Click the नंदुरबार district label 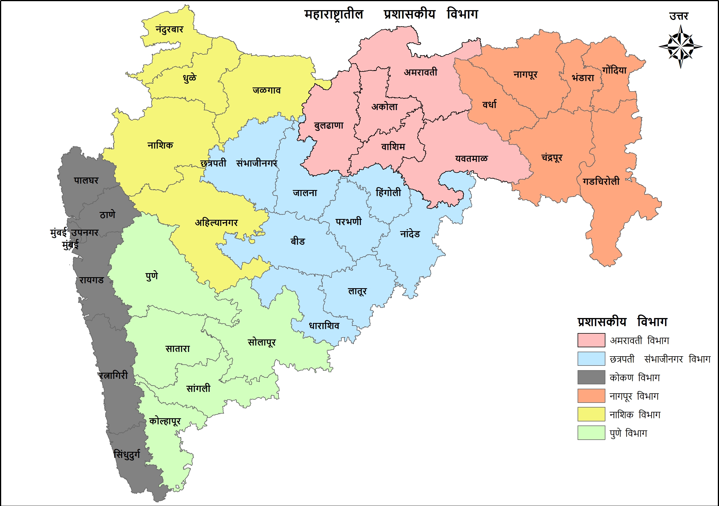point(170,30)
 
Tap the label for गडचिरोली point(601,182)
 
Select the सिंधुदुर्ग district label point(127,454)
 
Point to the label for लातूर point(357,291)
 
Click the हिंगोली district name point(388,192)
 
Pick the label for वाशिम point(393,147)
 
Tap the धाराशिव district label point(324,326)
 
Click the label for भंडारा point(583,78)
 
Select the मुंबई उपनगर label point(74,233)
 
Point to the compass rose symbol point(680,47)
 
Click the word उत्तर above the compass point(679,16)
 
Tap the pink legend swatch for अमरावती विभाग point(591,340)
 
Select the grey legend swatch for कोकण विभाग point(591,377)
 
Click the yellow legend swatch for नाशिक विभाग point(591,414)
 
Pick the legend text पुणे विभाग point(628,433)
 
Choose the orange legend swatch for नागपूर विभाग point(591,396)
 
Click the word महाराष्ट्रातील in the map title point(334,14)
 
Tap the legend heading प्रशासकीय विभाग point(622,322)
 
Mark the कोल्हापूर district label point(165,421)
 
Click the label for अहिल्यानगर point(216,222)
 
